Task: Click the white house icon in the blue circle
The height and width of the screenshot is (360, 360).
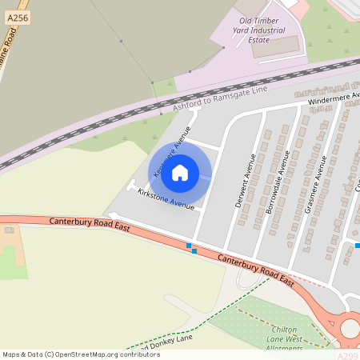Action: (x=180, y=172)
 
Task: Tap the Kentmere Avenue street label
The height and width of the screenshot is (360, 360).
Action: (x=171, y=145)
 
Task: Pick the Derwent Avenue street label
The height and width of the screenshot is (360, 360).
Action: (x=244, y=181)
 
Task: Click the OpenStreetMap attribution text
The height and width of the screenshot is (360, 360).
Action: (x=81, y=354)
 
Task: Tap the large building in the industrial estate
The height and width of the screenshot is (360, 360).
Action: (x=274, y=47)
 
